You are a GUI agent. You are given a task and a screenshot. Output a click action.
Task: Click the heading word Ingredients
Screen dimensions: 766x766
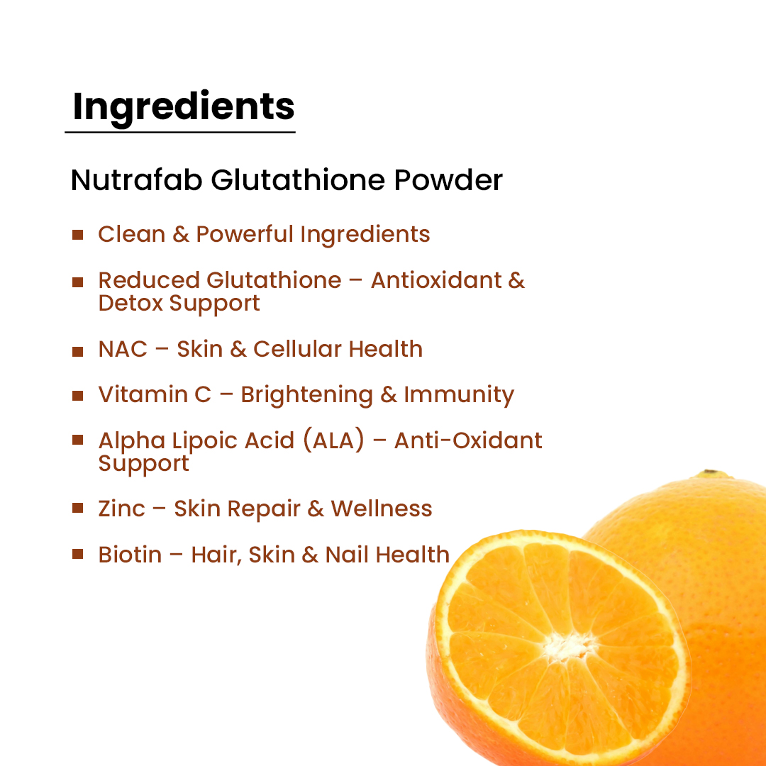pos(184,106)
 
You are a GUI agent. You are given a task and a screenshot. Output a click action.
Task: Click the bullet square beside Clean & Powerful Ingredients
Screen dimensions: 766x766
pos(78,234)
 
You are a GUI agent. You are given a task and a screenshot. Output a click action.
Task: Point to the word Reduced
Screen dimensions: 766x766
pos(148,280)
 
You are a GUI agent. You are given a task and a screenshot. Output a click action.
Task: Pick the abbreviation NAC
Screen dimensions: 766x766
pos(123,349)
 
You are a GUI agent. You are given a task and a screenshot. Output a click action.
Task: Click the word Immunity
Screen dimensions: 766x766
pos(459,395)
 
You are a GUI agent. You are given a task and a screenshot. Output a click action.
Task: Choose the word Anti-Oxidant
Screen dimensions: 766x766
pos(468,440)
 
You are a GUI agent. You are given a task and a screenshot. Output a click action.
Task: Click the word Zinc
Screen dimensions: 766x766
pos(121,509)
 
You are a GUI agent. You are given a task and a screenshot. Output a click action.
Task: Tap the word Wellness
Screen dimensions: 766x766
pos(382,509)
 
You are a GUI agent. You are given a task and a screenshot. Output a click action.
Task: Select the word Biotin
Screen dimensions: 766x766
pos(130,555)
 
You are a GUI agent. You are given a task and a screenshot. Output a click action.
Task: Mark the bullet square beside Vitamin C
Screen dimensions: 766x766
pos(78,395)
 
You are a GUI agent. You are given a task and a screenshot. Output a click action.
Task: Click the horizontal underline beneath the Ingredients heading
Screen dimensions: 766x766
pos(180,132)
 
